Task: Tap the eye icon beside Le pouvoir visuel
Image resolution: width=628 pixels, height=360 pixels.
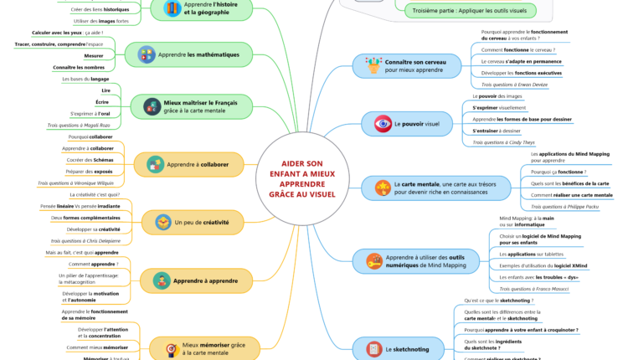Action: click(x=383, y=124)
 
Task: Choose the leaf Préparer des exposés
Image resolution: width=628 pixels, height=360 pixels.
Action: click(x=90, y=171)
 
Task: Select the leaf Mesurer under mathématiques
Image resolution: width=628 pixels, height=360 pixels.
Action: click(x=94, y=55)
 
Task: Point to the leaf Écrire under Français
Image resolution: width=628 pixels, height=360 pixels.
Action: click(x=102, y=101)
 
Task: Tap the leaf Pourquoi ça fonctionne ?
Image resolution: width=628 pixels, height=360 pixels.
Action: click(x=559, y=171)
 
